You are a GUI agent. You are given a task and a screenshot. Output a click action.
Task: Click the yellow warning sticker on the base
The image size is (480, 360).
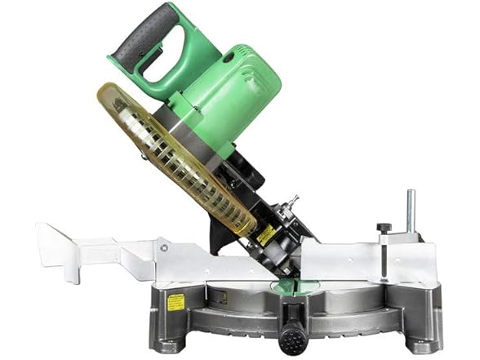coord(176,302)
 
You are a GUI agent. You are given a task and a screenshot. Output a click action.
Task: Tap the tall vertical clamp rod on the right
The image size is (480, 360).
coord(410,211)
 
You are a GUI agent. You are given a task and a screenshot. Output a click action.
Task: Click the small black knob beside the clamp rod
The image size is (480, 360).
coord(384,228)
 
